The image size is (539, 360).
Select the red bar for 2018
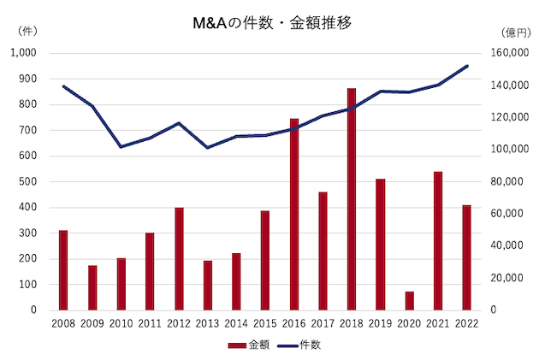click(352, 198)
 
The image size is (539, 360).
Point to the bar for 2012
click(179, 258)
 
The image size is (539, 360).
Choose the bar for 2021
click(438, 240)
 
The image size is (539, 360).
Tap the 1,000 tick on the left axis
click(22, 53)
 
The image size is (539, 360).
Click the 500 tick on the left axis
click(28, 181)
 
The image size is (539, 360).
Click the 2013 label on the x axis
click(207, 322)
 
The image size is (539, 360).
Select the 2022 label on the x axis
click(467, 322)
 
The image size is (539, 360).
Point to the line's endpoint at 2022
click(467, 66)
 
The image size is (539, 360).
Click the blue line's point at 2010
click(121, 146)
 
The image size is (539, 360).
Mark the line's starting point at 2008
click(63, 86)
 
